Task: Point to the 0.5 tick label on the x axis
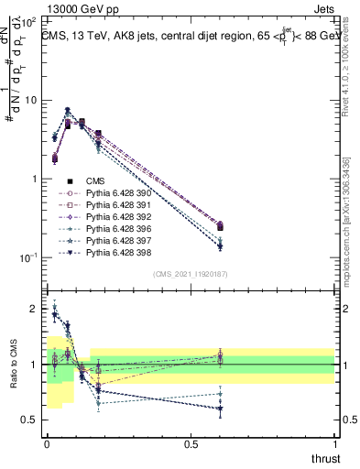191,443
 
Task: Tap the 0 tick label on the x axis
47,443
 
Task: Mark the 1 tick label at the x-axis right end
334,443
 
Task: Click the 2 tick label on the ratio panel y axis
36,310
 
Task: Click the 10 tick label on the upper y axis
32,100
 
